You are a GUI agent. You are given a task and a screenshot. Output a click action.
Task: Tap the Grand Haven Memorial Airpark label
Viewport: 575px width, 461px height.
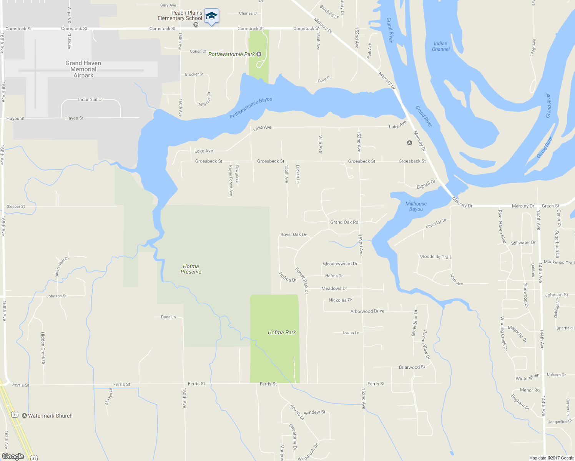pos(83,69)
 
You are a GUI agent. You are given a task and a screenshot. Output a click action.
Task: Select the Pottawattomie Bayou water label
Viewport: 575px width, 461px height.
pos(251,108)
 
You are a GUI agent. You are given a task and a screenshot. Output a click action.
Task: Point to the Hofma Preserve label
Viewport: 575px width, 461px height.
pos(191,269)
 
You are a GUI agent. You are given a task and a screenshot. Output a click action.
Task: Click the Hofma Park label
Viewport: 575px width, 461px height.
pos(282,332)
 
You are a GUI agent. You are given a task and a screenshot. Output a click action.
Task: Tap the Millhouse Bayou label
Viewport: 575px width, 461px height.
pos(416,206)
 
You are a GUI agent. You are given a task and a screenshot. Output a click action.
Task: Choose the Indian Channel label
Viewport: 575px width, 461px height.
pos(440,46)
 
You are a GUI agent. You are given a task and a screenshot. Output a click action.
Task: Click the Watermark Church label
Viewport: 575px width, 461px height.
pos(50,416)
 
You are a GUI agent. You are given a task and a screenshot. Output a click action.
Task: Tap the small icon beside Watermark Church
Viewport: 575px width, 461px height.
pos(25,416)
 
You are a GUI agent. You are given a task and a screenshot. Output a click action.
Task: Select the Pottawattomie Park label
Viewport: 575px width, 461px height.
pos(231,54)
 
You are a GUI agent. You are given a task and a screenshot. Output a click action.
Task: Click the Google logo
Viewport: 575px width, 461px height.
pos(13,456)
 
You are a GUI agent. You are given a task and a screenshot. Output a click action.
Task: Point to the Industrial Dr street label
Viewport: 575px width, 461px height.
pos(90,99)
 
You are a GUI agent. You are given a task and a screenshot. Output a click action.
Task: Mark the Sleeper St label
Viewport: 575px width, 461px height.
pos(16,206)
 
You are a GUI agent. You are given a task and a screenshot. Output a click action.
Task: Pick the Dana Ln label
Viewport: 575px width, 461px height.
pos(168,317)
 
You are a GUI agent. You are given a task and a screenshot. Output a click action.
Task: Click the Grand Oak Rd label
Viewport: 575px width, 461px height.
pos(344,222)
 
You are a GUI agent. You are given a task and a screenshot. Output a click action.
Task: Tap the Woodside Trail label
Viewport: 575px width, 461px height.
pos(435,257)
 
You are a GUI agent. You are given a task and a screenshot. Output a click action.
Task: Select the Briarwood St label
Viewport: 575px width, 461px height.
pos(412,367)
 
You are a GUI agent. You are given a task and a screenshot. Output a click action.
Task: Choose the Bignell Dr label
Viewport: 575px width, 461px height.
pos(426,184)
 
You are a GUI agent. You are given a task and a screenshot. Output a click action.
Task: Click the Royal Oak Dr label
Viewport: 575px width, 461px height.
pos(293,234)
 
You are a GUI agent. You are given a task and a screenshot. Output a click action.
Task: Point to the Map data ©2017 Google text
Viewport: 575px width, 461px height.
pos(551,458)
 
